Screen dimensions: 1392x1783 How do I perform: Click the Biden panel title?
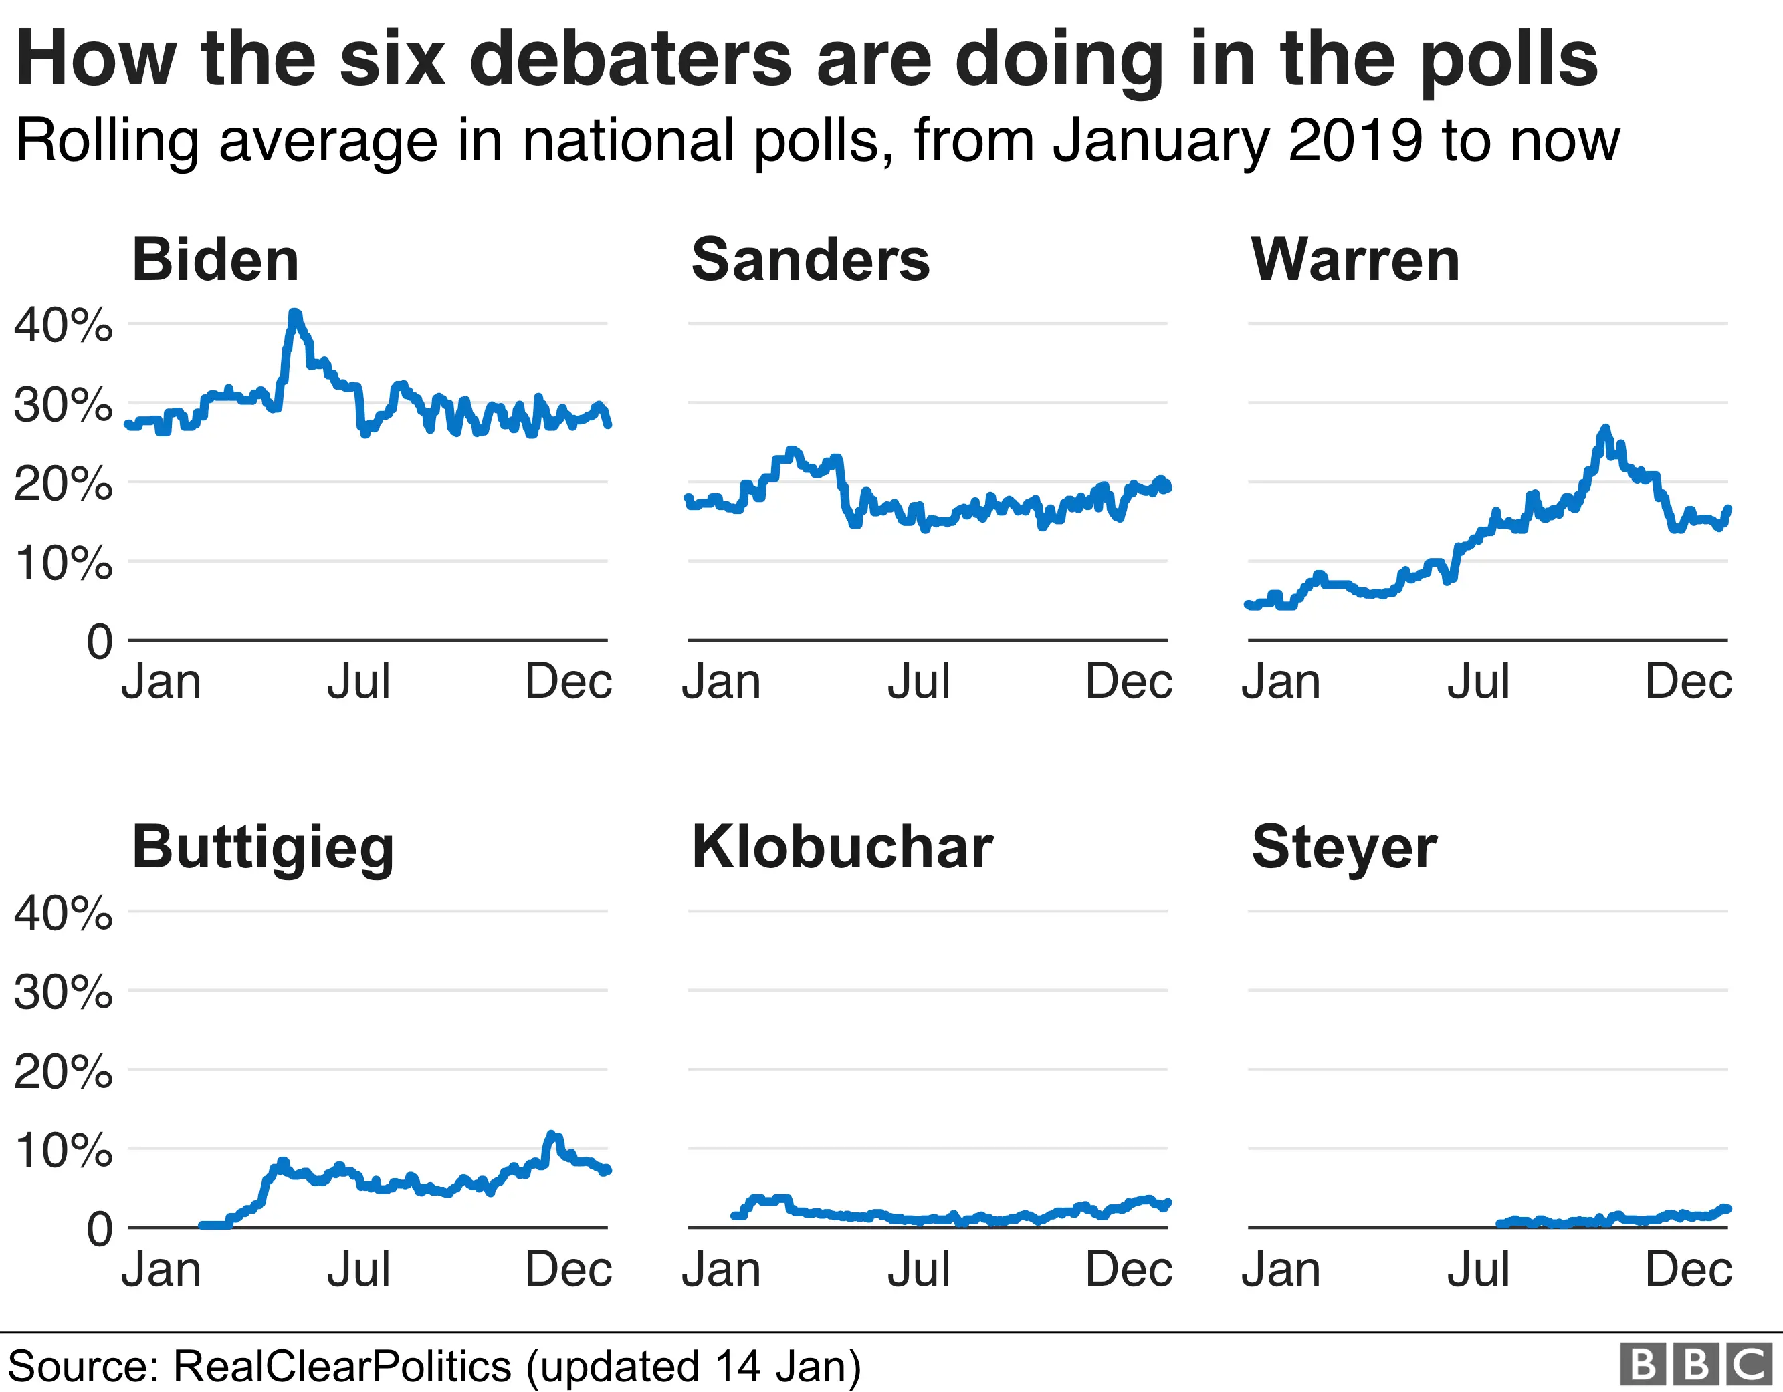tap(215, 260)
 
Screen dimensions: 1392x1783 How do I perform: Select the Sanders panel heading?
tap(810, 260)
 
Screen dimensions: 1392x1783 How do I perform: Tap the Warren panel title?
tap(1355, 260)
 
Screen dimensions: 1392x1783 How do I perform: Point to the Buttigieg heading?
tap(263, 849)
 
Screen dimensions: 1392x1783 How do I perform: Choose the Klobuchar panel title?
tap(842, 848)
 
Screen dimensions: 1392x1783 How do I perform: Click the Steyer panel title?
tap(1344, 849)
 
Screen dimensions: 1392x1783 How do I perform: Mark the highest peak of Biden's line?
tap(295, 314)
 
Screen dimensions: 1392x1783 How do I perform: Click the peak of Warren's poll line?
tap(1605, 428)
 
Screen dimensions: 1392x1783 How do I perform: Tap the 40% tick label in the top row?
tap(63, 325)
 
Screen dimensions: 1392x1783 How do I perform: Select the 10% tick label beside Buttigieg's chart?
tap(63, 1151)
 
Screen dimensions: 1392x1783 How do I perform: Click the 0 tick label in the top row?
tap(100, 642)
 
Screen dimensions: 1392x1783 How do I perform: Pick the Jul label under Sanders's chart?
tap(918, 682)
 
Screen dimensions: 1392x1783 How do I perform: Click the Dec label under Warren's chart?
tap(1687, 682)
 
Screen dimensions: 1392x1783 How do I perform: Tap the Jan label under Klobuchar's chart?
tap(721, 1270)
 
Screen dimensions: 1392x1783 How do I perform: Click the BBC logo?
tap(1695, 1364)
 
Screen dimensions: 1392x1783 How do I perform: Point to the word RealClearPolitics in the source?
tap(343, 1367)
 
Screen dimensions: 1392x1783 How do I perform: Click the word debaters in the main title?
tap(630, 59)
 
